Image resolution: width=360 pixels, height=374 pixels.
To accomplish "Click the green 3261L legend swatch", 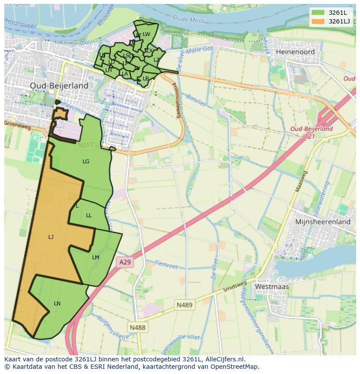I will tap(318, 12).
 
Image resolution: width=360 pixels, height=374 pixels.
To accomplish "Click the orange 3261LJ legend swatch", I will tap(318, 21).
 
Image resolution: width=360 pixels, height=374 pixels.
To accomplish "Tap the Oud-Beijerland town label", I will tap(59, 86).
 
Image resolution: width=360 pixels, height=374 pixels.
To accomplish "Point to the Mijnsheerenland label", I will tap(323, 222).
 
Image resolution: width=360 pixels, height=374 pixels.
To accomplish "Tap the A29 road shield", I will tap(125, 262).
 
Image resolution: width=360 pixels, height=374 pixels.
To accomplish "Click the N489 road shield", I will tap(184, 305).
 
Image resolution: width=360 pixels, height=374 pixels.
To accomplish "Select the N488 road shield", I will tap(137, 327).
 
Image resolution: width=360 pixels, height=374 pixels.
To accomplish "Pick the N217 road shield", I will tap(85, 146).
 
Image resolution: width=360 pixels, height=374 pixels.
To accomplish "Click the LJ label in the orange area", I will tap(51, 237).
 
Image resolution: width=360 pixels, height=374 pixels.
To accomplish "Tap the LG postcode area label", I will tap(86, 162).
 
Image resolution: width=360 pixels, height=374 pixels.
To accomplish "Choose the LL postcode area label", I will tap(89, 215).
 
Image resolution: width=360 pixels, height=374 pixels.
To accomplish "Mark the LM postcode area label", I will tap(96, 258).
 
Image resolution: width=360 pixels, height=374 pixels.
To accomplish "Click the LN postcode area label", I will tap(57, 303).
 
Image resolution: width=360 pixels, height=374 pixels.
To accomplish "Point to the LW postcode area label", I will tap(146, 34).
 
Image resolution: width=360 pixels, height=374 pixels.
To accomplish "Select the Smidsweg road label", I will tap(234, 287).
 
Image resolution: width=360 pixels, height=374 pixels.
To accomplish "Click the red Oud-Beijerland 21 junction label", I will tap(311, 132).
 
